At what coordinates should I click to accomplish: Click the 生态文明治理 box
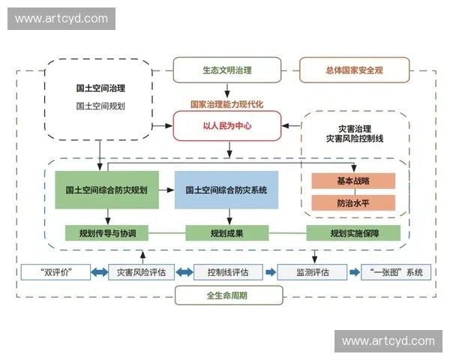[x=227, y=70]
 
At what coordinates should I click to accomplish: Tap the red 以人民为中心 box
[x=227, y=126]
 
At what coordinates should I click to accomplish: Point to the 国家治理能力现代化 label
[x=227, y=103]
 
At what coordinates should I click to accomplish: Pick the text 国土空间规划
[x=100, y=106]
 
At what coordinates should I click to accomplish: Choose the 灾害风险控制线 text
[x=355, y=139]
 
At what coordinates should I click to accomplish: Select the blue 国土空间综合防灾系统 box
[x=226, y=190]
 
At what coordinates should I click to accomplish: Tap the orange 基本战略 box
[x=353, y=181]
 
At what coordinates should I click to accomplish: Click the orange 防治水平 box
[x=353, y=202]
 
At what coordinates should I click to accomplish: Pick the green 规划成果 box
[x=226, y=232]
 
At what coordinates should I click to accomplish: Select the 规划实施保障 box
[x=354, y=232]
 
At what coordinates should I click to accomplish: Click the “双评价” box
[x=56, y=271]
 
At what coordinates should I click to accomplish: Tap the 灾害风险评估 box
[x=141, y=271]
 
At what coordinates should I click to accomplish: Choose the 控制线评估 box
[x=226, y=271]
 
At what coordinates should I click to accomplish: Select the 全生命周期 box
[x=226, y=295]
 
